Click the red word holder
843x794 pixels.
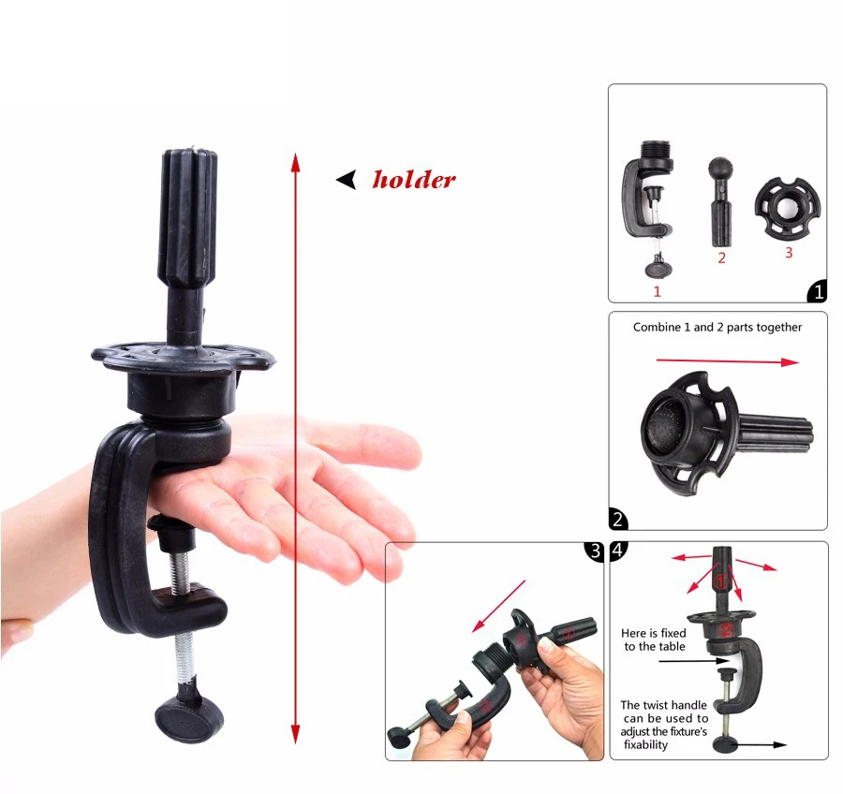pyautogui.click(x=414, y=179)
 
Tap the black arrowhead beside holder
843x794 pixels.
pyautogui.click(x=347, y=180)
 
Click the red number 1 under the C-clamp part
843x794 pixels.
pyautogui.click(x=657, y=291)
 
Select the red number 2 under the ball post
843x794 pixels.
pyautogui.click(x=721, y=258)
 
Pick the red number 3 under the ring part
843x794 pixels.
pyautogui.click(x=789, y=252)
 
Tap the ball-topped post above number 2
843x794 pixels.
pyautogui.click(x=722, y=202)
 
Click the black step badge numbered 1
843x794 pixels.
pyautogui.click(x=817, y=292)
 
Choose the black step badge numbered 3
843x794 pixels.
pyautogui.click(x=594, y=551)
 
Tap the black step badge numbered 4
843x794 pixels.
pyautogui.click(x=619, y=551)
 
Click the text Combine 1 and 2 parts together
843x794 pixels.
pyautogui.click(x=717, y=327)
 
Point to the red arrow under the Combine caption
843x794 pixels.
pyautogui.click(x=727, y=361)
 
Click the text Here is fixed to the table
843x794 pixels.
pyautogui.click(x=655, y=640)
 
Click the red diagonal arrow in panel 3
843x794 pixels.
pyautogui.click(x=498, y=605)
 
